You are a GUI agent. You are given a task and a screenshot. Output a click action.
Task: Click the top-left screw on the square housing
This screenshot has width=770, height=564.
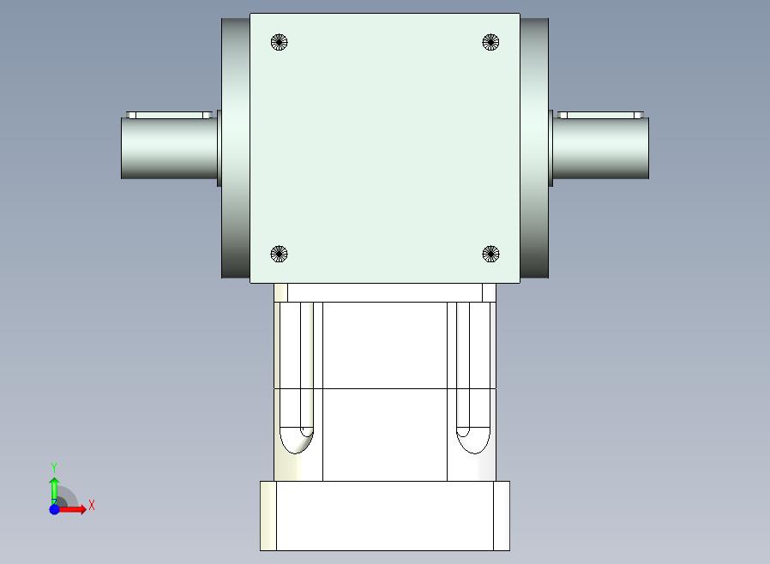tap(279, 42)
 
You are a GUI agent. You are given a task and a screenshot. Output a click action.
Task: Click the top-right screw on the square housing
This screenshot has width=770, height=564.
tap(490, 42)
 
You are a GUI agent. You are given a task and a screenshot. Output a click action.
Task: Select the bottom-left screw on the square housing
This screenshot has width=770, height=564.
tap(279, 254)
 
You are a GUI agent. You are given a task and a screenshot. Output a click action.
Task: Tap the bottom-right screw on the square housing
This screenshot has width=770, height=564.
tap(490, 254)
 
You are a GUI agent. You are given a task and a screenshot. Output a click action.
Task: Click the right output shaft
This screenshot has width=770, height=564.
tap(600, 147)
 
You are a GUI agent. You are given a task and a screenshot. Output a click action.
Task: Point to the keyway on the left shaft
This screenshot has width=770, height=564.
tap(170, 116)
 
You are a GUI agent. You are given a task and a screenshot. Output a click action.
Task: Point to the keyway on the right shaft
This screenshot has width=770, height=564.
tap(600, 116)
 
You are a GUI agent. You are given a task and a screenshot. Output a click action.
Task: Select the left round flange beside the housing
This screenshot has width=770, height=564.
tap(236, 147)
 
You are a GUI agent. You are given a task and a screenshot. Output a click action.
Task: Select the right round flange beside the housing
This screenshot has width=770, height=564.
tap(534, 147)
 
